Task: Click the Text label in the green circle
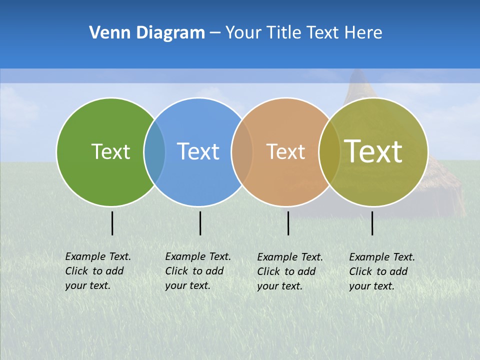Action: click(x=110, y=151)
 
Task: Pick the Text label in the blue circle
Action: click(x=198, y=151)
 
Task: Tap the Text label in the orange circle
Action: click(x=285, y=151)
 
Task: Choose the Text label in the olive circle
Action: click(x=373, y=151)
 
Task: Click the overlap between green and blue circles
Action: click(x=154, y=151)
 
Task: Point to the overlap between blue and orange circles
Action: click(x=242, y=151)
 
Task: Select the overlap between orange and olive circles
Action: click(x=329, y=151)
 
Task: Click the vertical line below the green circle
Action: click(x=112, y=223)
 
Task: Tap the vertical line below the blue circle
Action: click(x=200, y=223)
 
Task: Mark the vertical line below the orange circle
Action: click(x=288, y=223)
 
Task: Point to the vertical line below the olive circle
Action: click(x=372, y=223)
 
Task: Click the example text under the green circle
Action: click(x=97, y=271)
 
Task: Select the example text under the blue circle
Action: click(x=197, y=271)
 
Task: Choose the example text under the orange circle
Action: click(x=289, y=271)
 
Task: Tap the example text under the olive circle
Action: click(x=381, y=271)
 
